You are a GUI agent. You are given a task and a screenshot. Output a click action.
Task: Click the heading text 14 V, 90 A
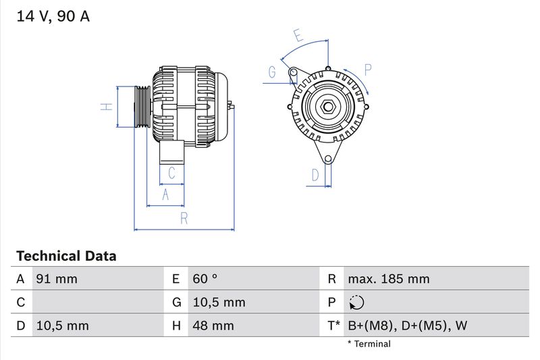tap(53, 17)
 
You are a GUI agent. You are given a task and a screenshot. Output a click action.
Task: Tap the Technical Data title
tap(66, 256)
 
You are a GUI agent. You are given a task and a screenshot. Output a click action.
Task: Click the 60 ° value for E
tap(205, 279)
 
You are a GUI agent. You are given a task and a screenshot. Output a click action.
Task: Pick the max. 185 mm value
tap(388, 279)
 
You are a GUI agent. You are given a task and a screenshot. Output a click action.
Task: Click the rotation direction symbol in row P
tap(357, 303)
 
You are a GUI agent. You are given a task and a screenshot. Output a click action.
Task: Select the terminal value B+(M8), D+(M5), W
tap(407, 326)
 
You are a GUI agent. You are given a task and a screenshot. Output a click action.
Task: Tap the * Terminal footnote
tap(369, 344)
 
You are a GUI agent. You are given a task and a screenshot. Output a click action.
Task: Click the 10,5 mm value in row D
tap(61, 326)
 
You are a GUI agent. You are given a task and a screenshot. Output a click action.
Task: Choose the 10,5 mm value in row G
tap(218, 303)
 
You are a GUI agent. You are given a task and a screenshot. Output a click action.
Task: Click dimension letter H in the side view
tap(106, 107)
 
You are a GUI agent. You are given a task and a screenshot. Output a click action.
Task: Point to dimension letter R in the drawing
tap(184, 217)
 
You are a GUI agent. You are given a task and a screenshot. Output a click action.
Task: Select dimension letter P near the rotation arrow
tap(368, 69)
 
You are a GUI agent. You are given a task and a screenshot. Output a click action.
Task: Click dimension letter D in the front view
tap(315, 176)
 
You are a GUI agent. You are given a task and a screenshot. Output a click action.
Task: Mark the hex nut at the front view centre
tap(327, 107)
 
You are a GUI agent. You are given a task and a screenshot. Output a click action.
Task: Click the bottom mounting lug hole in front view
tap(328, 159)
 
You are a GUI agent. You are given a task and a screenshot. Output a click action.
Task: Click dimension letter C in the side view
tap(171, 173)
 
